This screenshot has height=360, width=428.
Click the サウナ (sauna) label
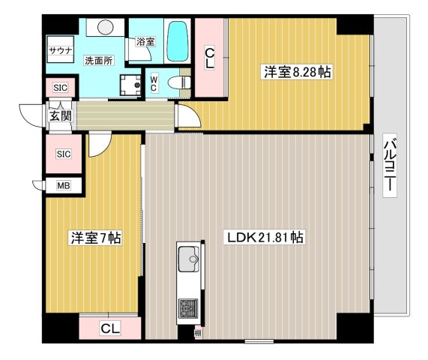tap(60, 50)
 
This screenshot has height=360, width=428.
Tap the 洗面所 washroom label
tap(98, 60)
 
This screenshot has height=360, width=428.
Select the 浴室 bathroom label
tap(145, 42)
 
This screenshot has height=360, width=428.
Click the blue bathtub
tap(178, 41)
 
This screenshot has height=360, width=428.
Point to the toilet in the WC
tap(179, 82)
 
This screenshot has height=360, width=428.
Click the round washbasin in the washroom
tap(106, 27)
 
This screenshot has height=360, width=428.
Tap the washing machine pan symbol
tap(130, 85)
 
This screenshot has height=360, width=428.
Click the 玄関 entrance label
tap(61, 116)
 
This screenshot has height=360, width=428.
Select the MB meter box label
tap(64, 186)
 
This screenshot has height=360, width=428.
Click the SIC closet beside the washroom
tap(60, 88)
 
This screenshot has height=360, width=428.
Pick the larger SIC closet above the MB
tap(64, 154)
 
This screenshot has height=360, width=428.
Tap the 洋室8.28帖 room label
tap(298, 72)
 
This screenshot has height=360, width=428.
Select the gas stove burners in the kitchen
tap(188, 309)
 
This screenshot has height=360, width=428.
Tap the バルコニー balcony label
tap(390, 165)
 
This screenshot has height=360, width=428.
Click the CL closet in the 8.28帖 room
tap(210, 58)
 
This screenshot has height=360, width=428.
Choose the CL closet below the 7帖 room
tap(110, 328)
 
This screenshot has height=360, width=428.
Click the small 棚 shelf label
tap(199, 333)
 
